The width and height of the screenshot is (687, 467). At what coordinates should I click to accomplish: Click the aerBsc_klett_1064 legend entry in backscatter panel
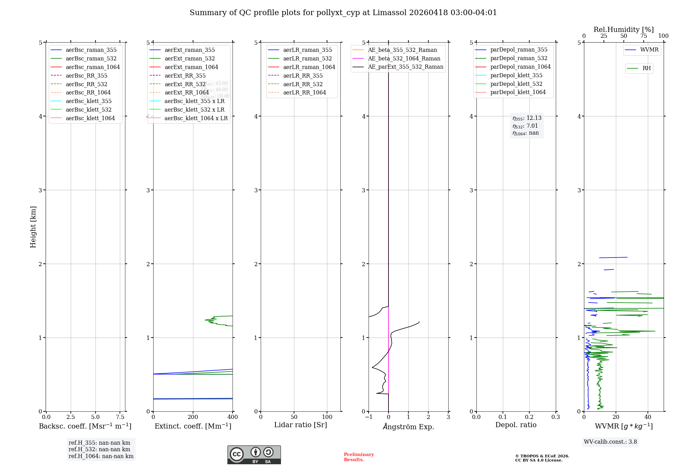click(90, 118)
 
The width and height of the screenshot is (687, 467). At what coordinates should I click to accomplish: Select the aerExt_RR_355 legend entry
click(185, 76)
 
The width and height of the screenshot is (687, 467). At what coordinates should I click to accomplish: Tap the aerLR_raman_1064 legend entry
click(309, 67)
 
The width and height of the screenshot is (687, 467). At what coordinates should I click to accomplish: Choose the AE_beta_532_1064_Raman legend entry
click(404, 58)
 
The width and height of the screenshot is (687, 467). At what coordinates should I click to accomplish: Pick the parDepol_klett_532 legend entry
click(516, 84)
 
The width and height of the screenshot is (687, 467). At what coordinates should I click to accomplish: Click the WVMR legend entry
click(649, 50)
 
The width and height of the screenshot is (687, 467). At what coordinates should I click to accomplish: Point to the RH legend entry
click(646, 68)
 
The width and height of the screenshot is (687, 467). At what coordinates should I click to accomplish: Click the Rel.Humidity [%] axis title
click(623, 30)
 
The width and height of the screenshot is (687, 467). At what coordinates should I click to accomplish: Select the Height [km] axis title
click(33, 227)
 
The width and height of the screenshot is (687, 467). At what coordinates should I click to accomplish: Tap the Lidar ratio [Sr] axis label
click(301, 425)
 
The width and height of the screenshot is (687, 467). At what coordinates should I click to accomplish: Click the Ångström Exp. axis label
click(408, 426)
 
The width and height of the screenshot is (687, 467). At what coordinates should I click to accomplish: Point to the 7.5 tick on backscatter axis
click(120, 417)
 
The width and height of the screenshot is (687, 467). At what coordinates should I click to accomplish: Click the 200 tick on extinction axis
click(193, 417)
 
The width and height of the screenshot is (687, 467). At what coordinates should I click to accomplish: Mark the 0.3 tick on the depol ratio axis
click(555, 417)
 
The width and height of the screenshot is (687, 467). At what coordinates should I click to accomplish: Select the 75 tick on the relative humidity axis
click(643, 36)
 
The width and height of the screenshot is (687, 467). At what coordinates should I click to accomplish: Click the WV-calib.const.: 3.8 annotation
click(610, 442)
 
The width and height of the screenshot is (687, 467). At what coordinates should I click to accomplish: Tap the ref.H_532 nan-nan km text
click(99, 449)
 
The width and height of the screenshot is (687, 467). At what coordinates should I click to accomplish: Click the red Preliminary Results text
click(359, 457)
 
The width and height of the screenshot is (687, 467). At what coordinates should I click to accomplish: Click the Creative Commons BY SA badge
click(254, 455)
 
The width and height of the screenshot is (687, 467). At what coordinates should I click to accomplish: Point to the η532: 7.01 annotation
click(525, 126)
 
